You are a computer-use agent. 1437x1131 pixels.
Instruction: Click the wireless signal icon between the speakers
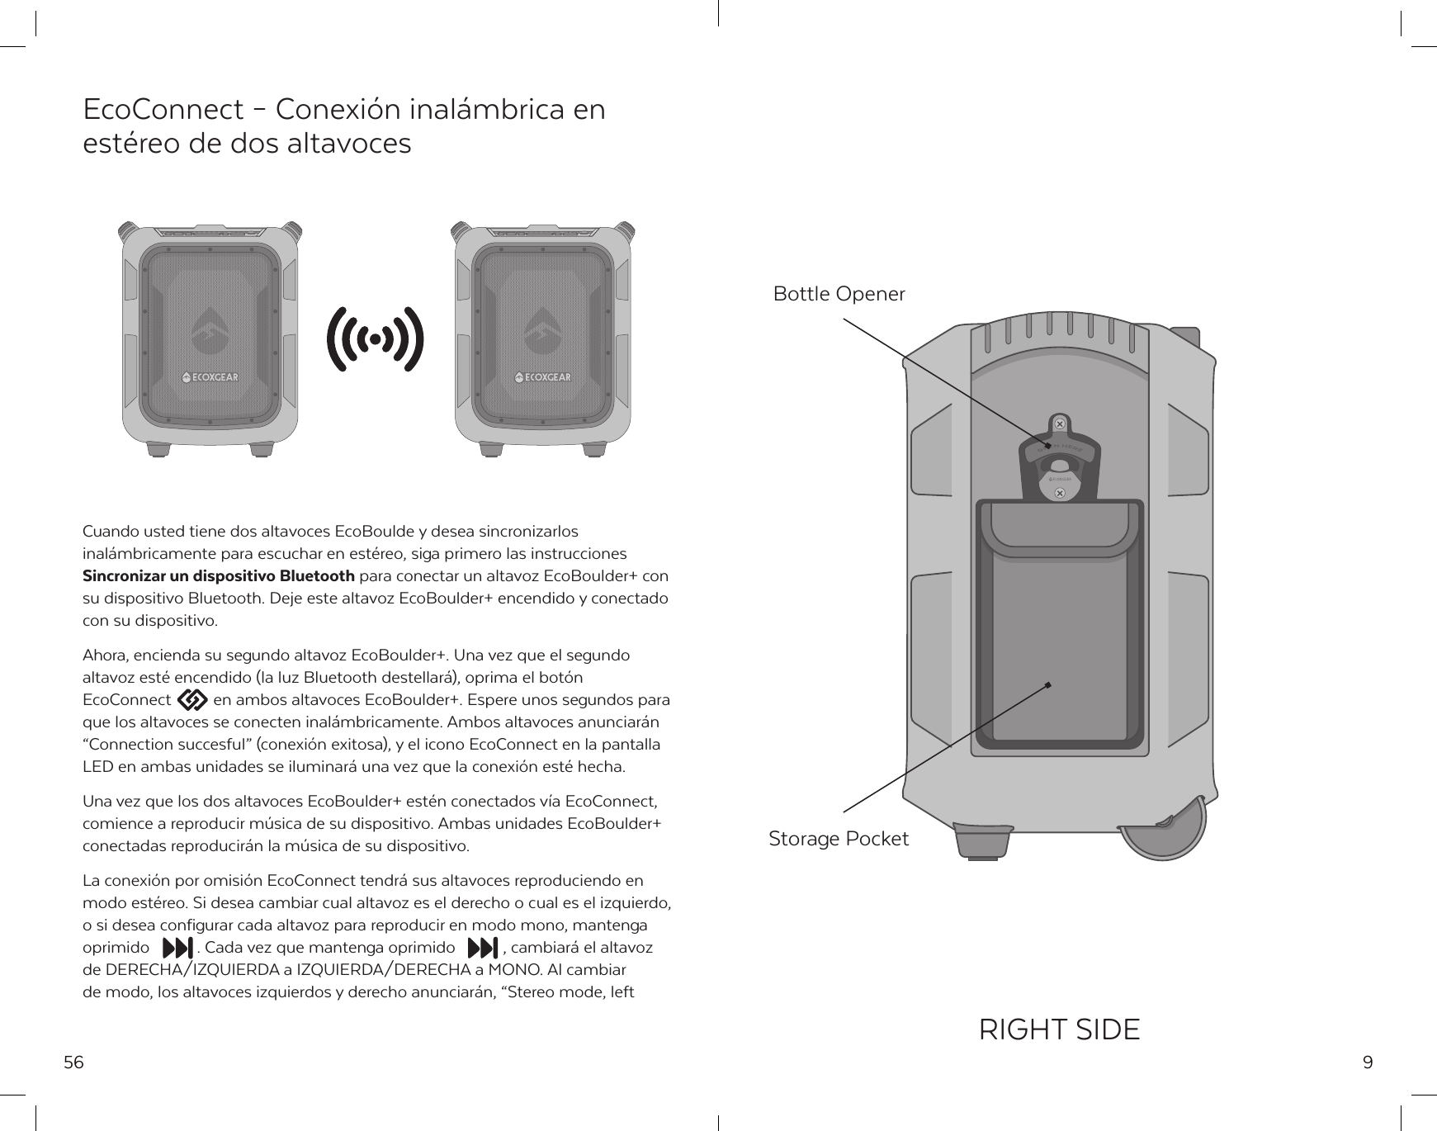376,339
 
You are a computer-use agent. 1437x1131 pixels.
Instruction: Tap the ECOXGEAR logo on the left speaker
210,378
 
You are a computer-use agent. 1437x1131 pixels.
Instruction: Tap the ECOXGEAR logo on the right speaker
543,378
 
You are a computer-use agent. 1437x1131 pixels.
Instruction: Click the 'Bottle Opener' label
839,294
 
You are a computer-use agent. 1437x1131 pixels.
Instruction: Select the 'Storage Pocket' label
838,839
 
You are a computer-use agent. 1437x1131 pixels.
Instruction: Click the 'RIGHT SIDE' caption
1059,1029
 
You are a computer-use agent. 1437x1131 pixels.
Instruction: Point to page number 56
74,1062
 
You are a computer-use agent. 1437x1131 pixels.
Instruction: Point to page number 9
1368,1062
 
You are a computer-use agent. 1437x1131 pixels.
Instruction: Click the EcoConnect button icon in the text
192,700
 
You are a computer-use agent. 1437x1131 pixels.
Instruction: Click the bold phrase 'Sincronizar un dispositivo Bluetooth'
219,575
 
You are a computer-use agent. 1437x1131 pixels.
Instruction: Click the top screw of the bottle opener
1060,424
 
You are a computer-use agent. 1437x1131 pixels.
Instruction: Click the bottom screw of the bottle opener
1060,493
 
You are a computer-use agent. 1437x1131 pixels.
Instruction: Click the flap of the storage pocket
1058,528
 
